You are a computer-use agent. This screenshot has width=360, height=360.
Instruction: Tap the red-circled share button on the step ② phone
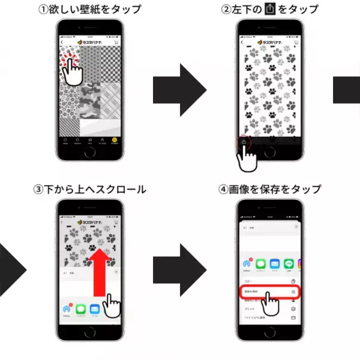pyautogui.click(x=244, y=142)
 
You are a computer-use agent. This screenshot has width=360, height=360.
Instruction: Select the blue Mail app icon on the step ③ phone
pyautogui.click(x=94, y=310)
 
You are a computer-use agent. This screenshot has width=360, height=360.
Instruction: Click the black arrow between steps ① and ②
pyautogui.click(x=180, y=91)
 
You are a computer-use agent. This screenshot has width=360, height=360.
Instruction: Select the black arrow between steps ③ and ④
pyautogui.click(x=180, y=271)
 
